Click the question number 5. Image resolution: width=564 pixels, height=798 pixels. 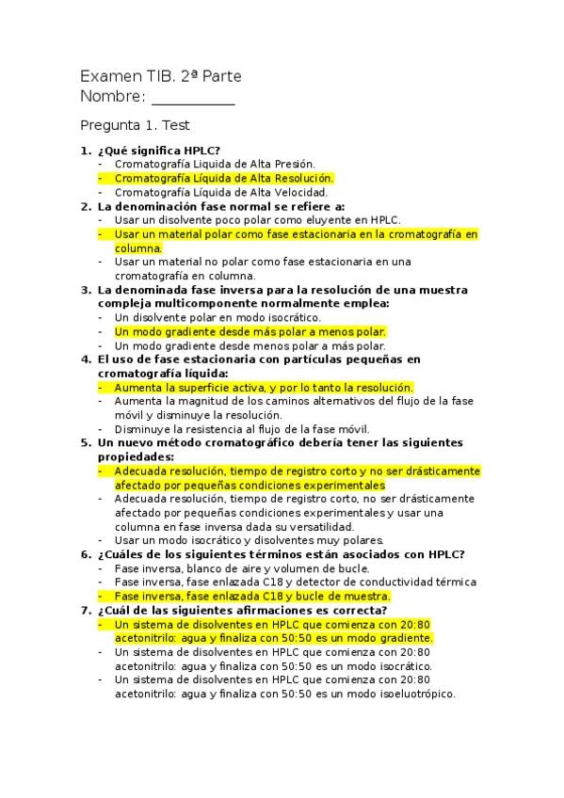click(86, 442)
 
